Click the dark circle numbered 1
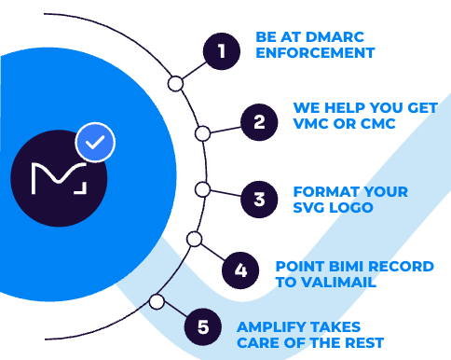point(220,50)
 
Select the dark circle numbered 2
point(259,121)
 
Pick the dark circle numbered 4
point(240,271)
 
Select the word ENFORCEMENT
point(315,54)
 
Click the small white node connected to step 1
point(175,84)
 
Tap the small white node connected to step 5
point(157,302)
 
